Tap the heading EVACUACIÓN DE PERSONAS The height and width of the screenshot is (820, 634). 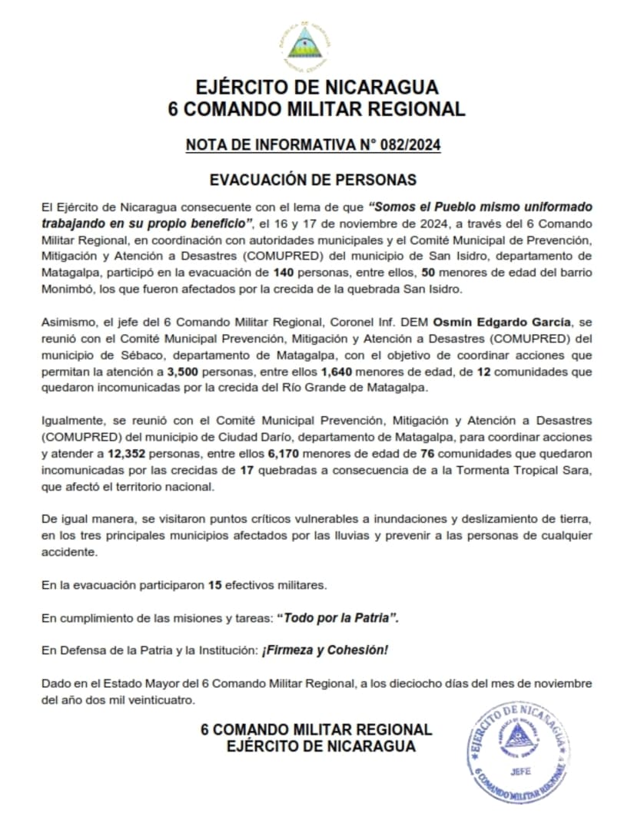point(314,180)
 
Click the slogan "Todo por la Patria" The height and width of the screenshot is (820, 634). point(339,618)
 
